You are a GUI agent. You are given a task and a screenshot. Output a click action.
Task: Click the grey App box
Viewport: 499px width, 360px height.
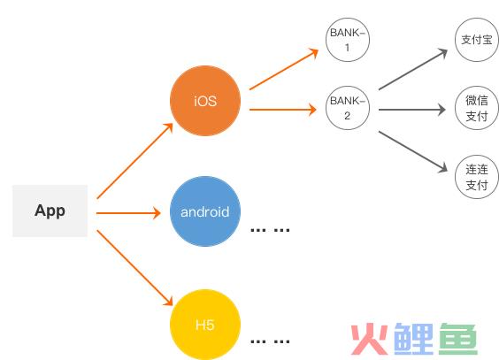click(x=50, y=211)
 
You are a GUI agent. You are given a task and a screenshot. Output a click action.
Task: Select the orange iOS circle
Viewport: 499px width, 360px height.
click(x=205, y=101)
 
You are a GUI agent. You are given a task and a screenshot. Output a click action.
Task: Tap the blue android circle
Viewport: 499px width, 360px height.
click(x=205, y=211)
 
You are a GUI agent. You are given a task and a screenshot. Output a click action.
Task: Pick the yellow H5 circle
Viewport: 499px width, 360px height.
click(x=205, y=325)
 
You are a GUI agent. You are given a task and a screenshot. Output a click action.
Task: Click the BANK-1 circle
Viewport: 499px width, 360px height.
click(x=348, y=40)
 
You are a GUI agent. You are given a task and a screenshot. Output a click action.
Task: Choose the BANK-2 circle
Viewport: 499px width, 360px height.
click(x=348, y=108)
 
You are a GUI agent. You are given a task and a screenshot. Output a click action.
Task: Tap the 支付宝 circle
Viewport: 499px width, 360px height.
click(x=477, y=40)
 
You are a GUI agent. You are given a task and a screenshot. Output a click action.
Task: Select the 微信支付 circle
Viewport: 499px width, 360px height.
click(x=477, y=108)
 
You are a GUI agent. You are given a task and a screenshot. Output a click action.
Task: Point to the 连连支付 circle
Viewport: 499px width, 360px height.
click(x=477, y=177)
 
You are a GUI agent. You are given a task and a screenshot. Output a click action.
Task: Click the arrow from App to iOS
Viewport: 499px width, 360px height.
click(x=135, y=161)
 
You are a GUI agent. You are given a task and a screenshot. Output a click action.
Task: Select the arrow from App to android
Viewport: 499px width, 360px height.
click(x=128, y=213)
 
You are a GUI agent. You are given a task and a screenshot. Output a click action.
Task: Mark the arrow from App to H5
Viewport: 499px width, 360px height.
click(x=135, y=268)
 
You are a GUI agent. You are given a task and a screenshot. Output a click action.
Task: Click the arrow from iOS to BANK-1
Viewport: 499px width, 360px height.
click(x=284, y=69)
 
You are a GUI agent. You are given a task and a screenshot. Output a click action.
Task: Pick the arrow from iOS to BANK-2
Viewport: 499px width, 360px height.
click(x=283, y=110)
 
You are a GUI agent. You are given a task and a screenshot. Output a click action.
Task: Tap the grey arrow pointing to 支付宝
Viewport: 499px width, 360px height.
click(x=413, y=69)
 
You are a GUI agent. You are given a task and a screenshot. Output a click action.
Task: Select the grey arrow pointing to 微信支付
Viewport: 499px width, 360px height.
click(x=412, y=110)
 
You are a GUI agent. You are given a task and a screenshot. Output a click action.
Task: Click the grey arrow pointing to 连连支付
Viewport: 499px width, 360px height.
click(x=413, y=152)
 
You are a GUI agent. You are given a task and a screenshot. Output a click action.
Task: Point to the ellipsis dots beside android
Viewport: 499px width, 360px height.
click(x=270, y=230)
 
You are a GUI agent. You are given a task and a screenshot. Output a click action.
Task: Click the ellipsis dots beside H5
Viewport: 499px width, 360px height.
click(x=270, y=342)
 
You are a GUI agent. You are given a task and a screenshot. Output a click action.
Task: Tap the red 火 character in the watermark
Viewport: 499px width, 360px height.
click(x=370, y=339)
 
